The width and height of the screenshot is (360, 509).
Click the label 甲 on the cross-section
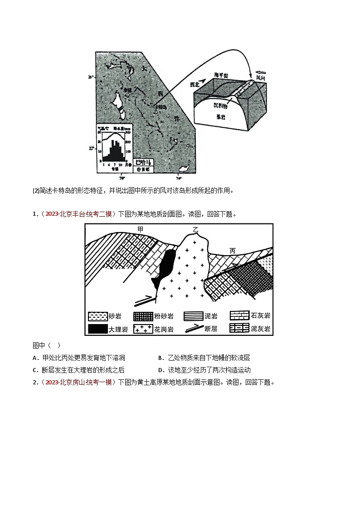140,230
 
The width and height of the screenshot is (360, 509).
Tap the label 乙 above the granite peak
195,230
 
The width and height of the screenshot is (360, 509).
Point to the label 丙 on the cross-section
233,250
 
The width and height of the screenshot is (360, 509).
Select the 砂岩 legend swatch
97,316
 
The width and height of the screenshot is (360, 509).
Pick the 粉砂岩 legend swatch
144,316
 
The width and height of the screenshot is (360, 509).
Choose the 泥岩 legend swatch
194,316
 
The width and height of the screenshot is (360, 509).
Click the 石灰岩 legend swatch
239,316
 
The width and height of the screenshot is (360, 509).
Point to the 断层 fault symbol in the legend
194,328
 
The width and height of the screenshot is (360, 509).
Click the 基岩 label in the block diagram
220,116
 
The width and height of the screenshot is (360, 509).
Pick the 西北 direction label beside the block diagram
195,84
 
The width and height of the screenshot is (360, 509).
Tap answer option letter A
35,358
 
